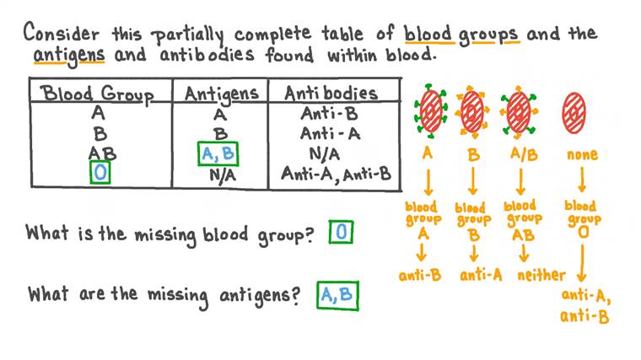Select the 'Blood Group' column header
[100, 93]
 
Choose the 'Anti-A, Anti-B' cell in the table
[336, 175]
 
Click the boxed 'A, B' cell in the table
[218, 154]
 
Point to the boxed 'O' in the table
[100, 175]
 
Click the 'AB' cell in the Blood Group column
[101, 154]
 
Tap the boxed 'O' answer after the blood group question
[341, 234]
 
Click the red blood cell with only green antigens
[430, 110]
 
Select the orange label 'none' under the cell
[579, 155]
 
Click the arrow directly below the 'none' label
[580, 180]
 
